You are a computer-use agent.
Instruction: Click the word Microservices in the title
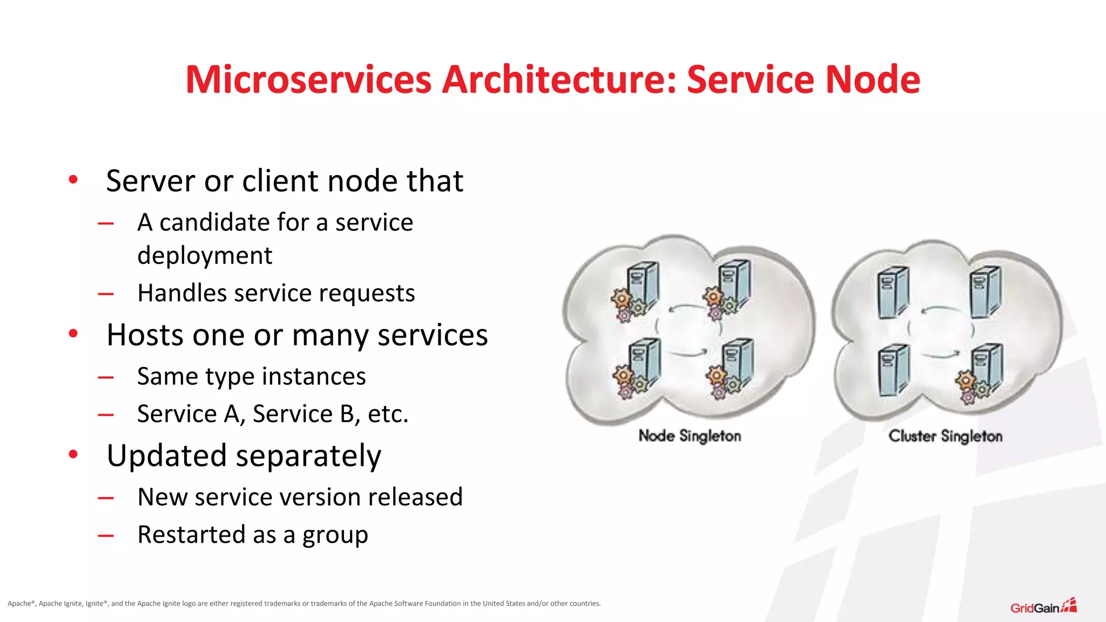click(x=308, y=80)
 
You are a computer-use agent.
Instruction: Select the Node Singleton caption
click(x=690, y=436)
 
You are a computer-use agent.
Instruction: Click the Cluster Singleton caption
click(x=945, y=436)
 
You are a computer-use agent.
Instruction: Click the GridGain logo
click(x=1043, y=607)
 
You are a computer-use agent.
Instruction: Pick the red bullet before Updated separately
click(x=73, y=455)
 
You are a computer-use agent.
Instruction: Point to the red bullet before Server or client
click(x=73, y=180)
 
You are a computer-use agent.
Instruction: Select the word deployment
click(x=205, y=255)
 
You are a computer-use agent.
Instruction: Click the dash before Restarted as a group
click(x=106, y=536)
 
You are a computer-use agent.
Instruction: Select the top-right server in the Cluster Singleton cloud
click(x=986, y=292)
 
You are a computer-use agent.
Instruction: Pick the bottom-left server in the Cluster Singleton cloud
click(x=893, y=370)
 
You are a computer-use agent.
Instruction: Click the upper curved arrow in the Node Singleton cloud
click(x=687, y=308)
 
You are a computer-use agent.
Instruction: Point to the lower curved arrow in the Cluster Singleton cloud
click(x=941, y=355)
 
